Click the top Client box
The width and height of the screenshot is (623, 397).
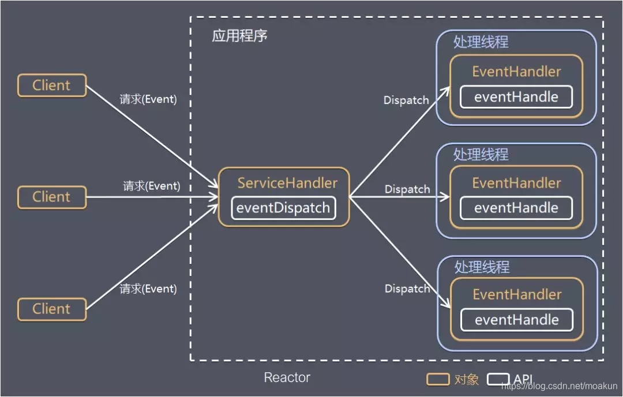coord(52,85)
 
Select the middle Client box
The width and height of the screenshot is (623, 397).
coord(52,197)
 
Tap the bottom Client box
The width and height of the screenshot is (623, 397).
coord(52,309)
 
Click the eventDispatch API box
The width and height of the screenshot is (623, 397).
coord(283,208)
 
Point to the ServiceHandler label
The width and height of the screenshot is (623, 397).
coord(287,183)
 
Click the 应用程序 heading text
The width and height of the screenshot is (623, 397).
coord(239,36)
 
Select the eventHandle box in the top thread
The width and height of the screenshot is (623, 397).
coord(516,97)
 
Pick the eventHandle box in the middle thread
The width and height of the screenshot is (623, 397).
coord(516,208)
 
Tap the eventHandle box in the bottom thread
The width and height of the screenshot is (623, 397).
coord(517,320)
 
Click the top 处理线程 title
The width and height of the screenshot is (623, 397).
coord(481,43)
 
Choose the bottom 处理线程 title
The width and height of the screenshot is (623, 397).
coord(482,267)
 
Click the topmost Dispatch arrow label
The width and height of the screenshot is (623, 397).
coord(406,100)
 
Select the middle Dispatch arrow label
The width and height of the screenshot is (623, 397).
coord(407,189)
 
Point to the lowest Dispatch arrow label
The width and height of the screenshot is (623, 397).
coord(407,289)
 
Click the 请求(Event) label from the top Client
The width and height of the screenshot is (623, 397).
coord(148,99)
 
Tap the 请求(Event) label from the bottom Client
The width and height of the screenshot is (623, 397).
coord(148,289)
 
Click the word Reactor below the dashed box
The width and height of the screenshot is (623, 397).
coord(287,377)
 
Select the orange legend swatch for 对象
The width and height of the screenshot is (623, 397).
coord(438,379)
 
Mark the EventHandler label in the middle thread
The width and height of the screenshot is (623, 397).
coord(516,183)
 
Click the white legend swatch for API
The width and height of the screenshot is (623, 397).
coord(498,379)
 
